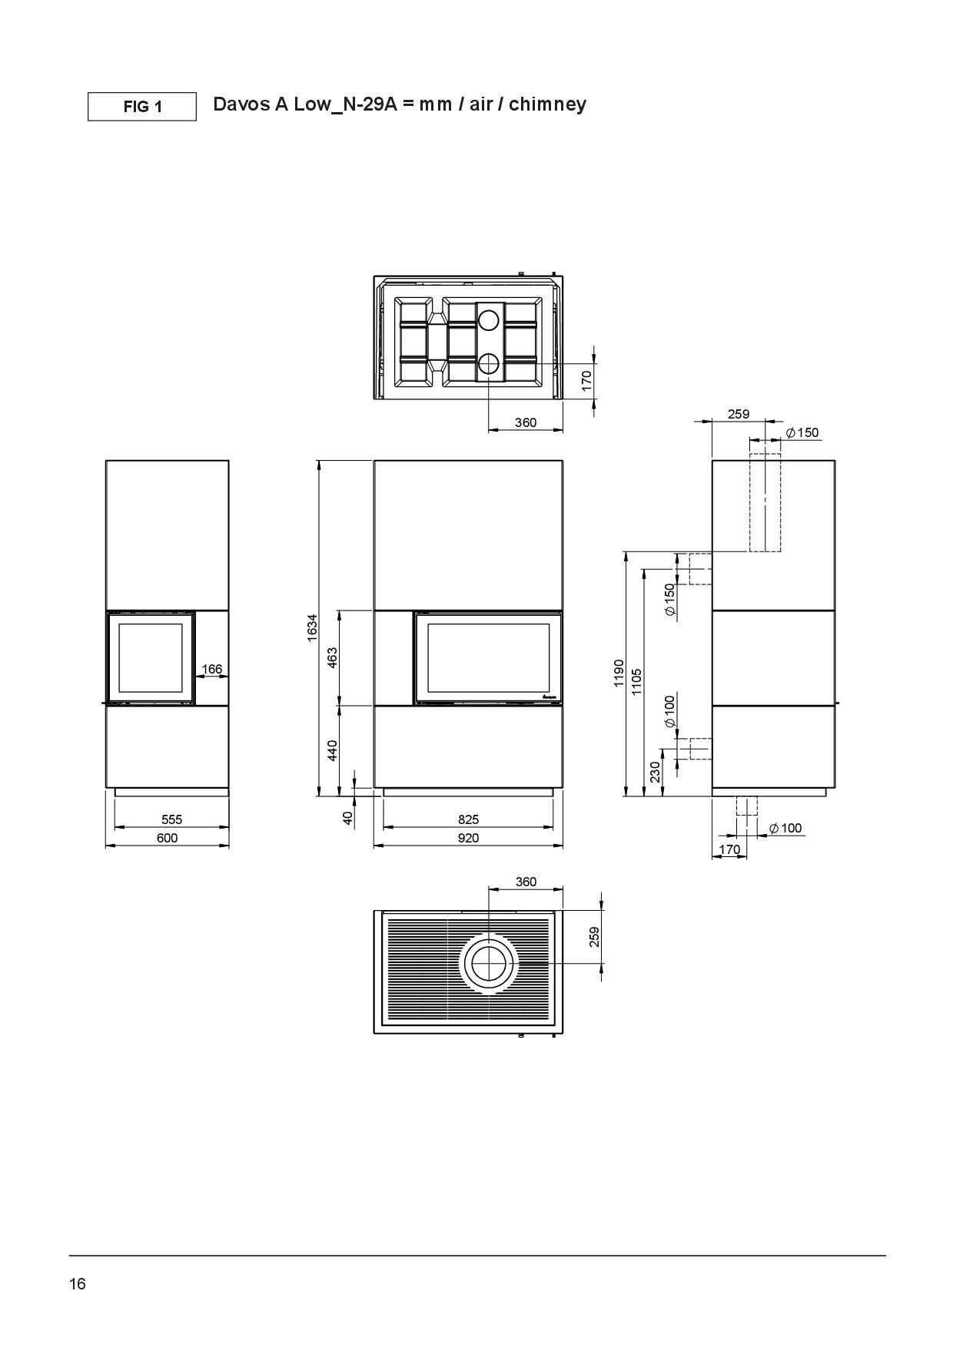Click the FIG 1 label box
coord(142,107)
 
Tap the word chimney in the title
coord(547,104)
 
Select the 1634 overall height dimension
coord(312,628)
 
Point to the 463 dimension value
coord(332,658)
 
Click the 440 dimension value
coord(332,750)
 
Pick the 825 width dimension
coord(468,819)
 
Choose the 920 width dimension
coord(468,838)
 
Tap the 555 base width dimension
coord(171,819)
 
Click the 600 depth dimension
coord(167,838)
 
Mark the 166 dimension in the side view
coord(211,669)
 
